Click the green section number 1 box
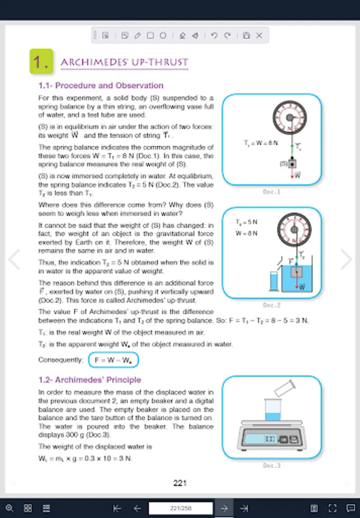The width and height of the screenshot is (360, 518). coord(41,62)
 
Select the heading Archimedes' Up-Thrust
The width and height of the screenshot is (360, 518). coord(124,62)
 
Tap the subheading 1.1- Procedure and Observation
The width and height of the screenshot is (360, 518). coord(101,86)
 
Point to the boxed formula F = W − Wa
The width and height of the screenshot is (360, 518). coord(113,360)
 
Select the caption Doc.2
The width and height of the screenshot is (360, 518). coord(271,305)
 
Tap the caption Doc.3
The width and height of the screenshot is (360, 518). coord(271,465)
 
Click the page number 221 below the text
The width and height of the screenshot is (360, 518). coord(180,483)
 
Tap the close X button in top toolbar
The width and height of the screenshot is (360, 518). coord(259,35)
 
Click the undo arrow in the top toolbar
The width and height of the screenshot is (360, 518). coord(214,35)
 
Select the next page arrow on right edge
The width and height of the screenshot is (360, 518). coord(346,259)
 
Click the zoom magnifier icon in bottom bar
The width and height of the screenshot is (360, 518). coord(9,508)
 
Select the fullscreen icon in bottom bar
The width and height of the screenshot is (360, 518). coord(332,508)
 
